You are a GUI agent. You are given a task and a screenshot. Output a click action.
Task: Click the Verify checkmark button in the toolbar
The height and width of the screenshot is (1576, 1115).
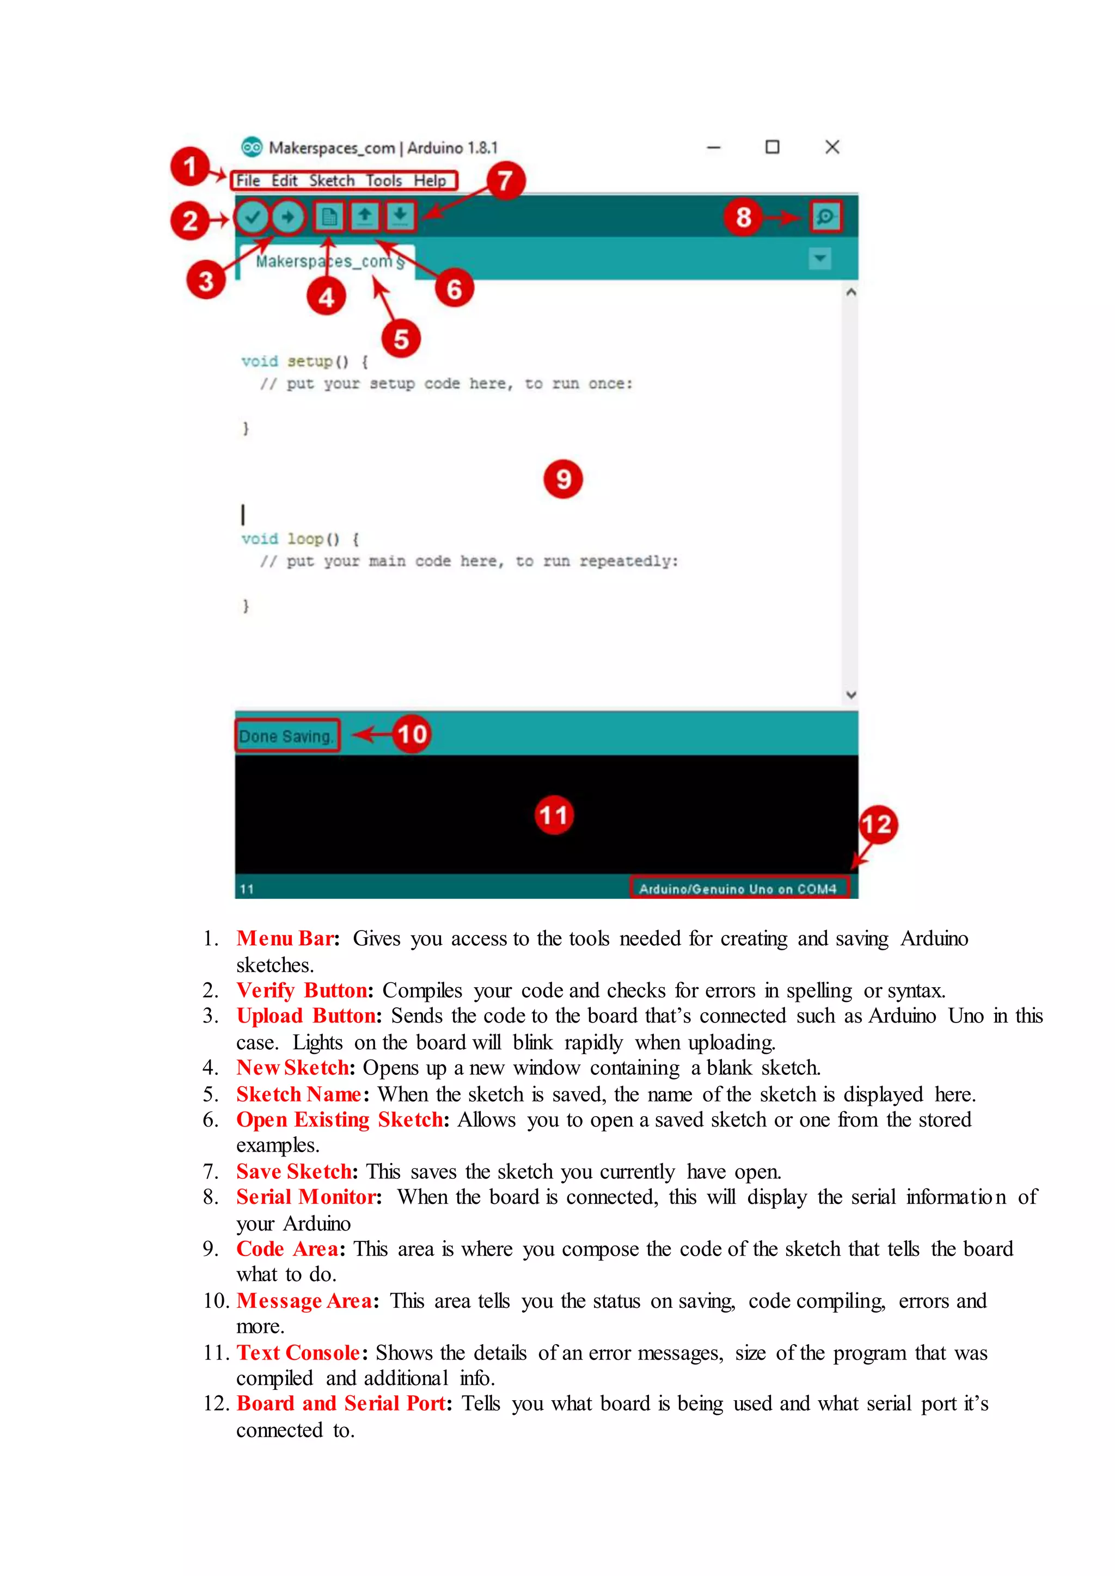253,218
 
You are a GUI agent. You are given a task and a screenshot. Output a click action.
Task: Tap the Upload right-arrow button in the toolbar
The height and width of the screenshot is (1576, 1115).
287,218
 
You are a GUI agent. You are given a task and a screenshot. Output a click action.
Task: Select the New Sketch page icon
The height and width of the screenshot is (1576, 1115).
329,218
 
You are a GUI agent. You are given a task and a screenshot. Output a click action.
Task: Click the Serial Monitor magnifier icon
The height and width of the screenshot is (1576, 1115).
825,217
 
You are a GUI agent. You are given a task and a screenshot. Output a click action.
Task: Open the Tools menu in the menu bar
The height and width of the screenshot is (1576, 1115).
383,181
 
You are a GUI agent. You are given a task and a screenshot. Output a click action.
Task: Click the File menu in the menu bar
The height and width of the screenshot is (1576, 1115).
248,181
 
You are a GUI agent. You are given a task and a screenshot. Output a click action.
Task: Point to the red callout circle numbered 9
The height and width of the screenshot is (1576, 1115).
563,479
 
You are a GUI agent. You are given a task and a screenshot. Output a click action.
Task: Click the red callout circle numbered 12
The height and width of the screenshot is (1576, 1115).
878,824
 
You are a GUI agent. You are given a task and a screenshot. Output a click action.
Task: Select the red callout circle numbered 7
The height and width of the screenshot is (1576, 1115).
506,181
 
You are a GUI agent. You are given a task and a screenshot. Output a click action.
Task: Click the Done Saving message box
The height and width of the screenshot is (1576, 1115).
287,736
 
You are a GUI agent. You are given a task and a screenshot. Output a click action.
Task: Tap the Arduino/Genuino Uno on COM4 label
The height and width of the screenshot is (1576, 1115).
738,888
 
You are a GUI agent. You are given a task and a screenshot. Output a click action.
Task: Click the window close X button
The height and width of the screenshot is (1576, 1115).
832,147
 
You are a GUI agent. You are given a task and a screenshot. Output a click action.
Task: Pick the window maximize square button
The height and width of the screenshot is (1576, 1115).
773,147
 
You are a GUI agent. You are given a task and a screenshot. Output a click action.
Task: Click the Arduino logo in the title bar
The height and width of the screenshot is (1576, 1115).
252,147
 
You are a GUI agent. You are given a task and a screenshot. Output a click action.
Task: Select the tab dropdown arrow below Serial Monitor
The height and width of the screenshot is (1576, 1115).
820,259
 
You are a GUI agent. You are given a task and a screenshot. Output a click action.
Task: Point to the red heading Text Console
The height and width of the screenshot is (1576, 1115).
298,1352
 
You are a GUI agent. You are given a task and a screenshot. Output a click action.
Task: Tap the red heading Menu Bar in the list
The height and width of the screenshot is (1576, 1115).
285,938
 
